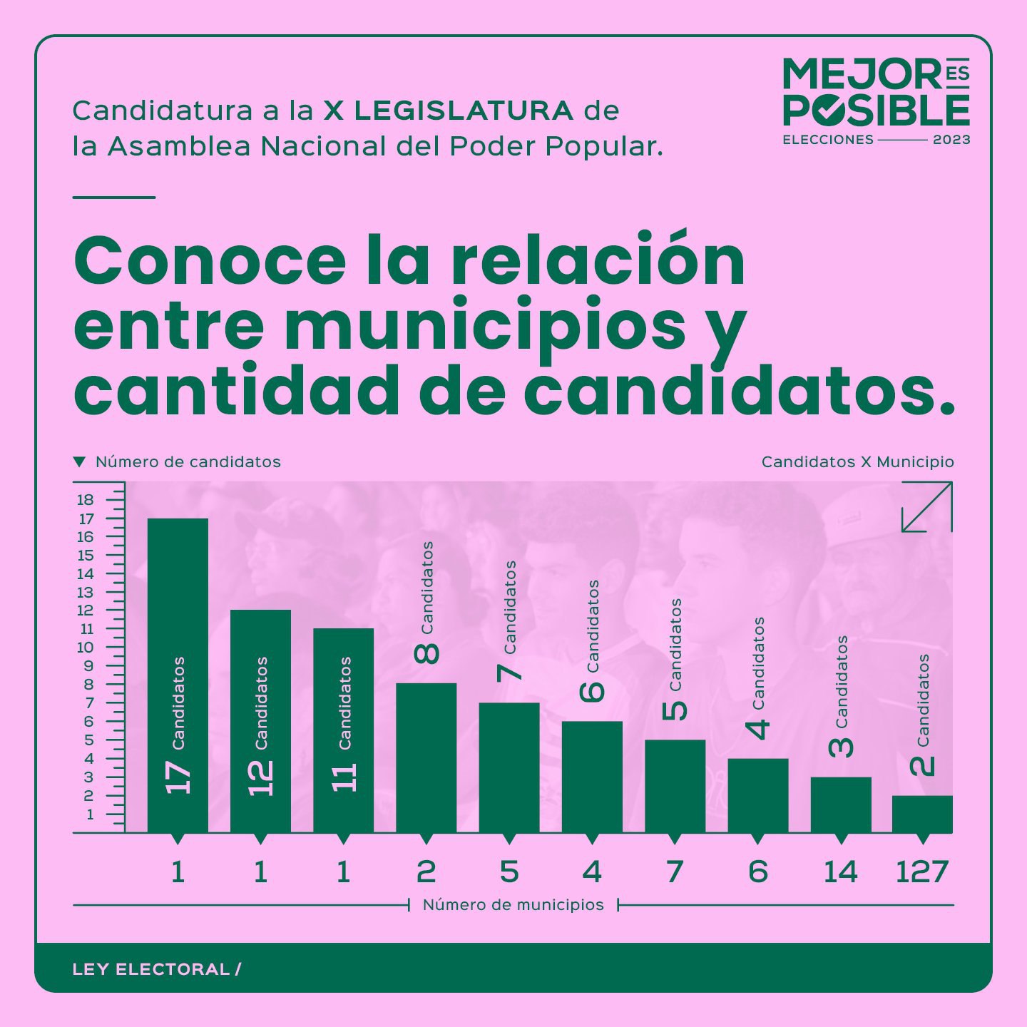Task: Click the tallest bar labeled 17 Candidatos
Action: [178, 674]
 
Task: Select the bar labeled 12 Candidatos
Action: [260, 720]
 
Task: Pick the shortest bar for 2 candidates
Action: [922, 814]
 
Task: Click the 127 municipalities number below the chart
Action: [922, 872]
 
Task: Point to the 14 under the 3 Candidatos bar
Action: [840, 872]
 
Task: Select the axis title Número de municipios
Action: [513, 905]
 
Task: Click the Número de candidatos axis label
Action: [188, 461]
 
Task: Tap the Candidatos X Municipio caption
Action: [857, 461]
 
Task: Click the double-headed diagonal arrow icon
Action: [926, 506]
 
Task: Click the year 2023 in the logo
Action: [951, 140]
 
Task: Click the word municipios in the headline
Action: [485, 325]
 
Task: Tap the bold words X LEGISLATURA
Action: [449, 111]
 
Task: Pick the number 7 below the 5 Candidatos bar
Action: [675, 872]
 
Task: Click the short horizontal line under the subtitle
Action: [114, 197]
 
